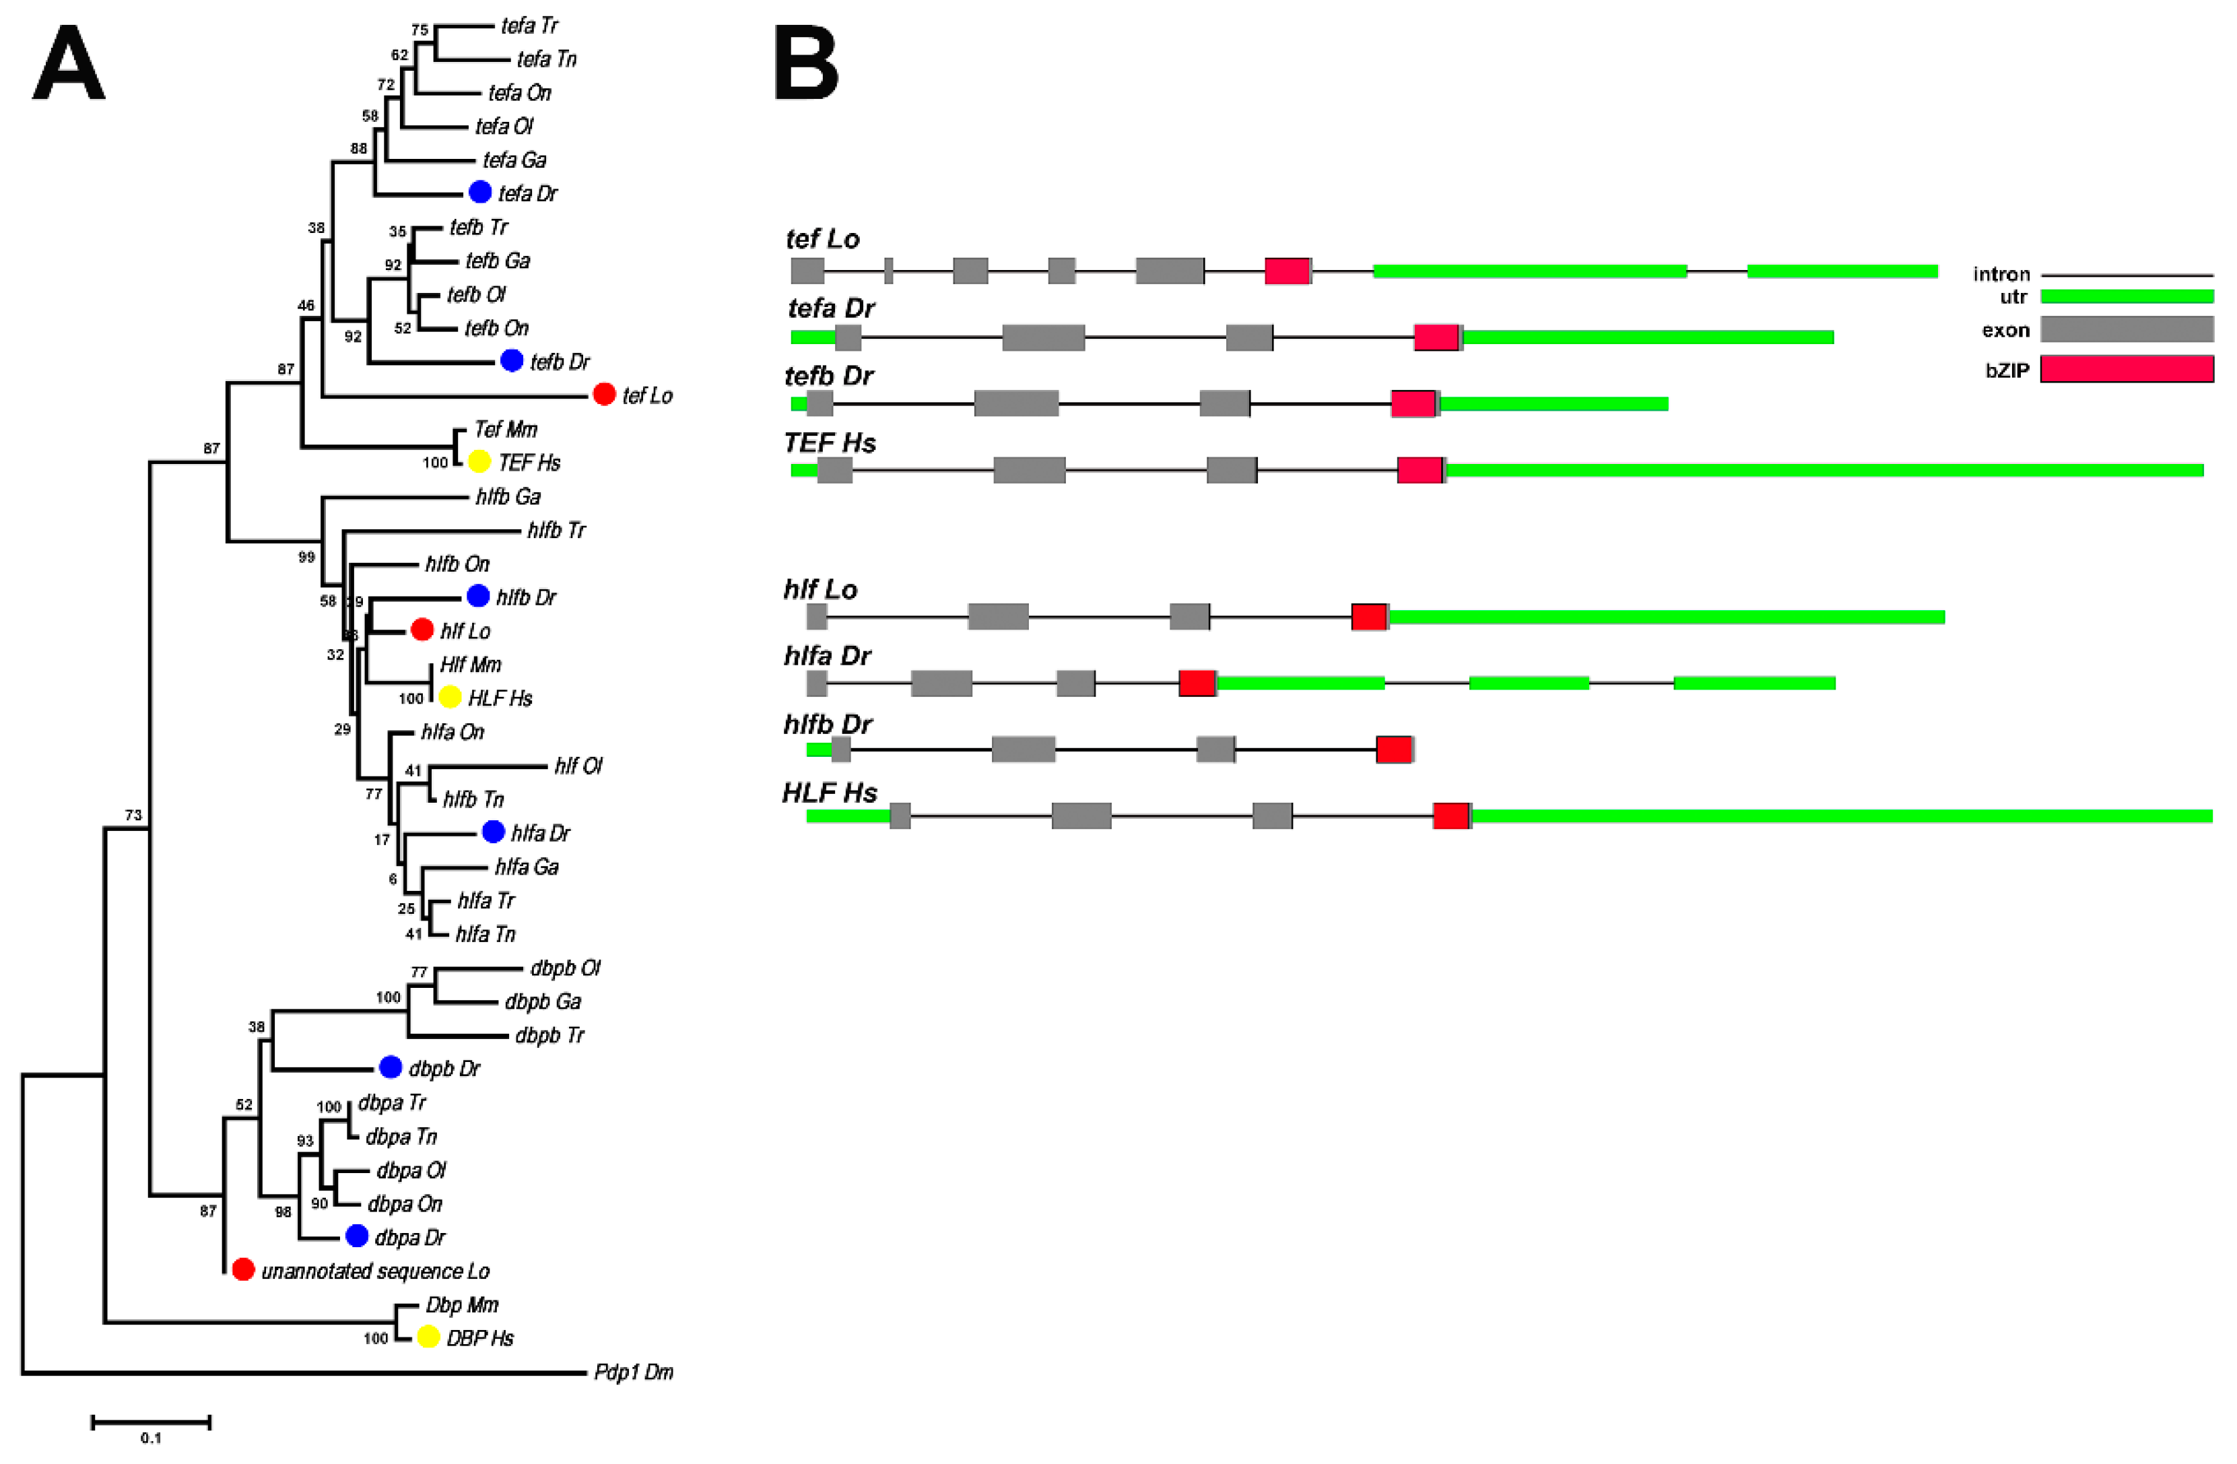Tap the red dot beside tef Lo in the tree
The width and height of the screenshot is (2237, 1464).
[x=604, y=395]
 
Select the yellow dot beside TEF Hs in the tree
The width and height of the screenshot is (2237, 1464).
[x=479, y=461]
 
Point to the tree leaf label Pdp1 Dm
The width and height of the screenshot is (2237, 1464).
[x=634, y=1372]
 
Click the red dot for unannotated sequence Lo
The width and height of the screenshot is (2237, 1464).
[x=244, y=1269]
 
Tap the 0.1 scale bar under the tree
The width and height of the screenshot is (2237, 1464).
[x=150, y=1423]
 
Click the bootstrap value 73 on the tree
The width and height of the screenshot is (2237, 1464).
[x=133, y=815]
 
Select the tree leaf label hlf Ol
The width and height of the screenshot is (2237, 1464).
[x=578, y=766]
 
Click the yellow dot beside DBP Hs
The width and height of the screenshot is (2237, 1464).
[x=428, y=1336]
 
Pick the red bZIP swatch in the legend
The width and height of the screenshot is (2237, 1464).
[x=2127, y=369]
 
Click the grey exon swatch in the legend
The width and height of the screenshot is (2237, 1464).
[x=2127, y=329]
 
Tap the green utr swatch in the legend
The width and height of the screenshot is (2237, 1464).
[x=2127, y=297]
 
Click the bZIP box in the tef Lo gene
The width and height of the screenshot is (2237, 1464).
[x=1288, y=271]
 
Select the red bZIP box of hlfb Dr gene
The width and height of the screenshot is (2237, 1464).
[x=1394, y=749]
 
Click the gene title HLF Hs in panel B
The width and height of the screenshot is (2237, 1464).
[x=830, y=793]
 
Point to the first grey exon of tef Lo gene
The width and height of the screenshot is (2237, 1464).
[x=807, y=271]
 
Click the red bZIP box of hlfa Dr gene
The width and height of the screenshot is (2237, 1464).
[x=1197, y=683]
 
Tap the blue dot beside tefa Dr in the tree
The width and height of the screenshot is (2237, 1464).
[x=480, y=192]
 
